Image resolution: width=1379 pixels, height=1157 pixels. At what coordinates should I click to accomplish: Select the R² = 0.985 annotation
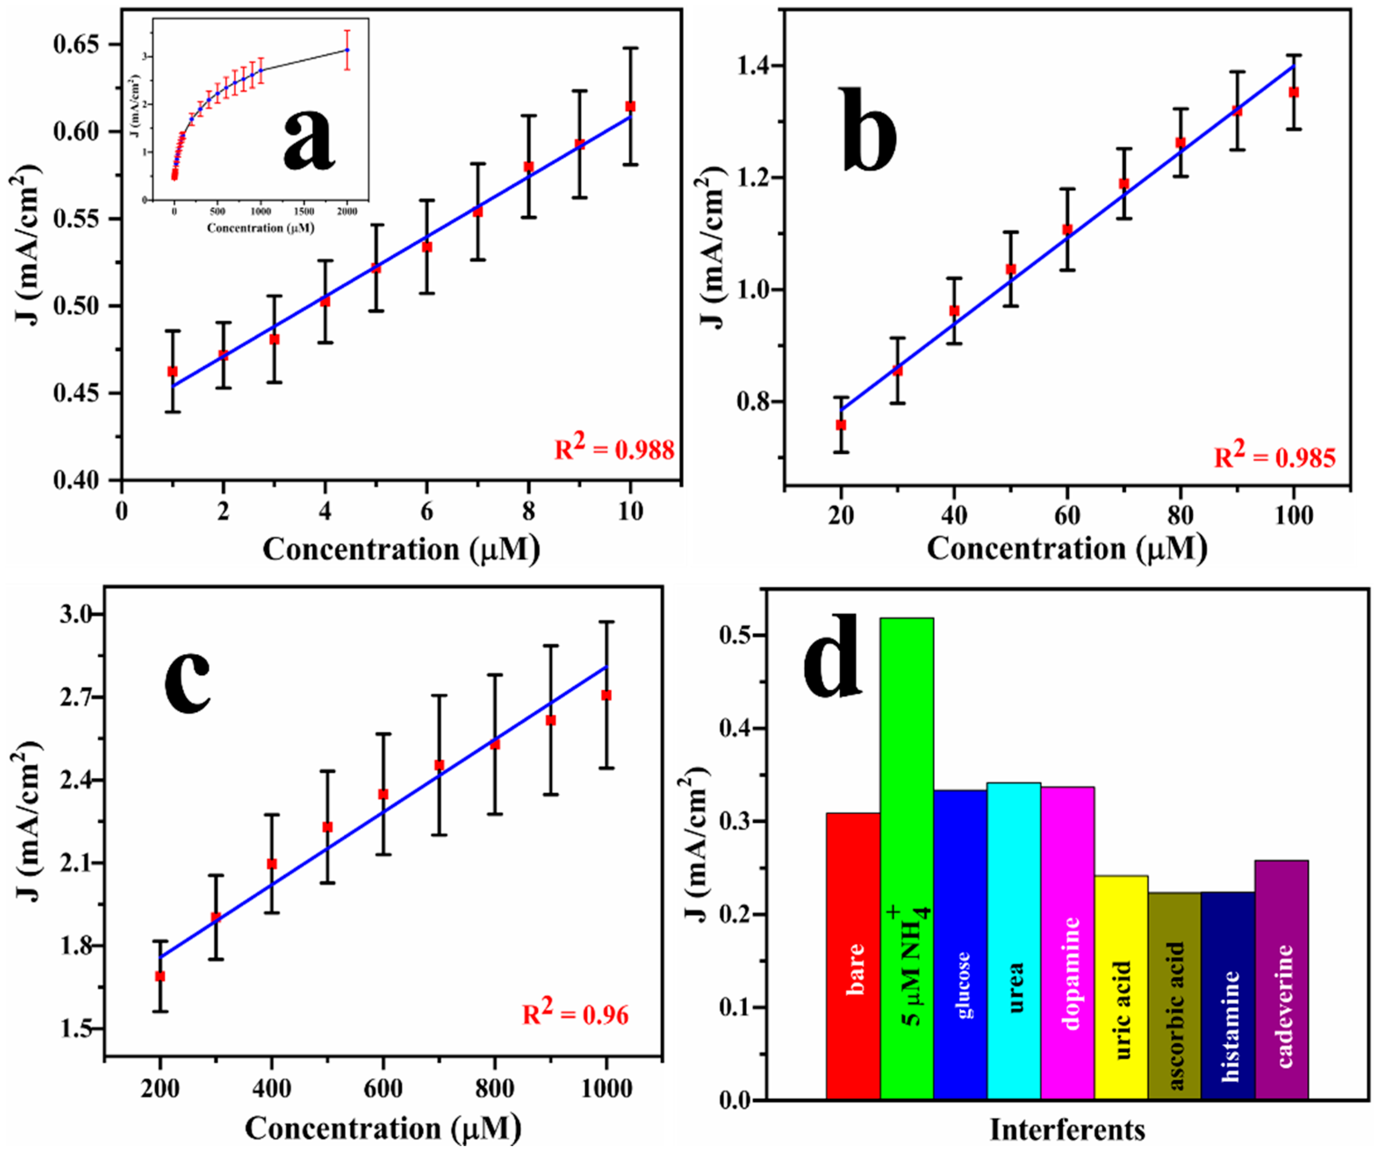coord(1274,456)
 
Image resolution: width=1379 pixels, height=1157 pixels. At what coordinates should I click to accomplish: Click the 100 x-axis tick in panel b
coord(1293,516)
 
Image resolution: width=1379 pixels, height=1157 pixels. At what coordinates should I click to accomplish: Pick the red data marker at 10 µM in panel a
coord(630,106)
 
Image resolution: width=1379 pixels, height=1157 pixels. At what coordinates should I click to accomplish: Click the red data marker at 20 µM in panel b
coord(840,425)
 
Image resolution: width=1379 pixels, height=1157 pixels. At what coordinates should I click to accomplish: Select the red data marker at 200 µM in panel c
coord(160,976)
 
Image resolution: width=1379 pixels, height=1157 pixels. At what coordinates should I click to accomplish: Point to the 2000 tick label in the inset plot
coord(347,212)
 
